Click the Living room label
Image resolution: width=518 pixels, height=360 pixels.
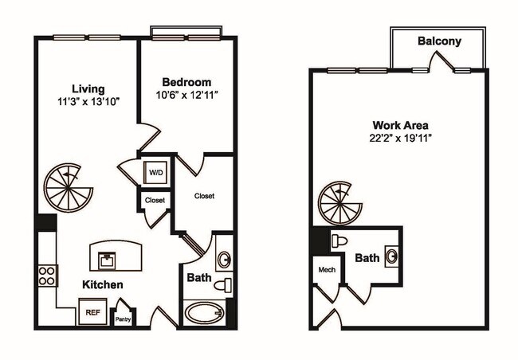pos(88,88)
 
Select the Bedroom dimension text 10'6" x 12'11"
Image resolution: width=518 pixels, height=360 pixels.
pos(186,95)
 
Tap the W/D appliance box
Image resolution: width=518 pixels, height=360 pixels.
pos(154,172)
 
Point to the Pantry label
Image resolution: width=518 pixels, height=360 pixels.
pos(123,319)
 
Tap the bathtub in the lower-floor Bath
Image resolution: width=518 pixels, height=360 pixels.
pos(205,311)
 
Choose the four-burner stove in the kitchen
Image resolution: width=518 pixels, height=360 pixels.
pos(46,276)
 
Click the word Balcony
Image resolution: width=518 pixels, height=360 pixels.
pos(439,41)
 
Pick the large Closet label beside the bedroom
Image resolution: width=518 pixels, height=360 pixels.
pos(204,195)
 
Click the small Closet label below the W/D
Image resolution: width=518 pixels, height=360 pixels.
pos(155,200)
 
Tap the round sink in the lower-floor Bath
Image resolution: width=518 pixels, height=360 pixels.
pos(224,259)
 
